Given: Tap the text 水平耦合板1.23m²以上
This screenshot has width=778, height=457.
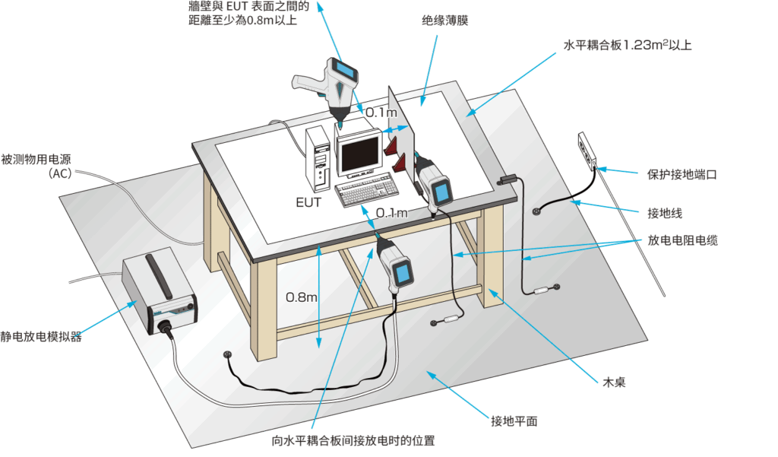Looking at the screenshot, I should [x=627, y=45].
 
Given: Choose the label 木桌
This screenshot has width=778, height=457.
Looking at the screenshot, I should [x=614, y=382].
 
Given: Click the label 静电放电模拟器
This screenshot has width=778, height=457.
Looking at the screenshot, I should [x=42, y=336].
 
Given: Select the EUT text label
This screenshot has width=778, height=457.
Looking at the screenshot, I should [x=308, y=202].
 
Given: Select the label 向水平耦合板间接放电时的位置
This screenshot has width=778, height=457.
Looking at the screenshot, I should [x=353, y=440].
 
